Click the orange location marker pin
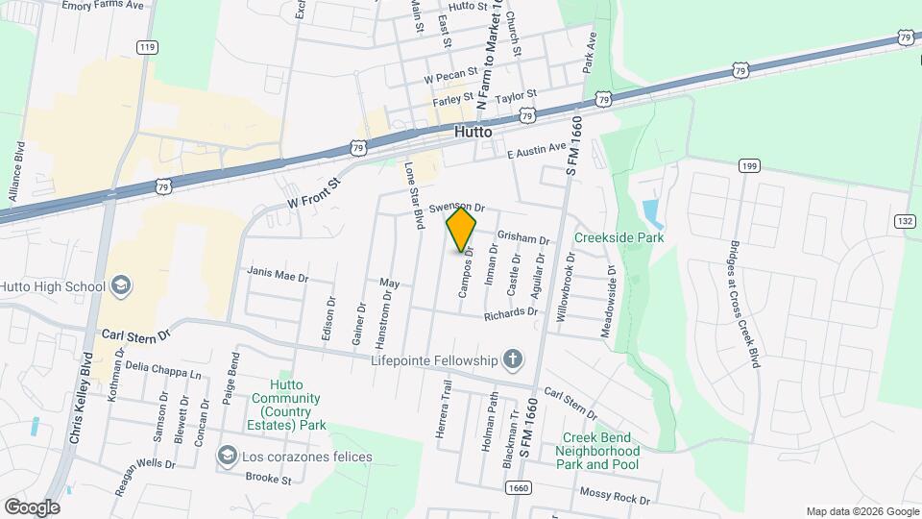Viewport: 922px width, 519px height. (462, 229)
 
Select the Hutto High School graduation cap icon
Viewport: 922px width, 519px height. (121, 285)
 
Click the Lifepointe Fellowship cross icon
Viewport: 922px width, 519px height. (513, 360)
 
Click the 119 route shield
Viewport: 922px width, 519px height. (146, 47)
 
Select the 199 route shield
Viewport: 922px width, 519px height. (750, 166)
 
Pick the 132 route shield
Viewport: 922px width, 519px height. (905, 221)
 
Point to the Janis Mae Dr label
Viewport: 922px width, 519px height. (278, 275)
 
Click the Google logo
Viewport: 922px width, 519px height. (32, 507)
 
